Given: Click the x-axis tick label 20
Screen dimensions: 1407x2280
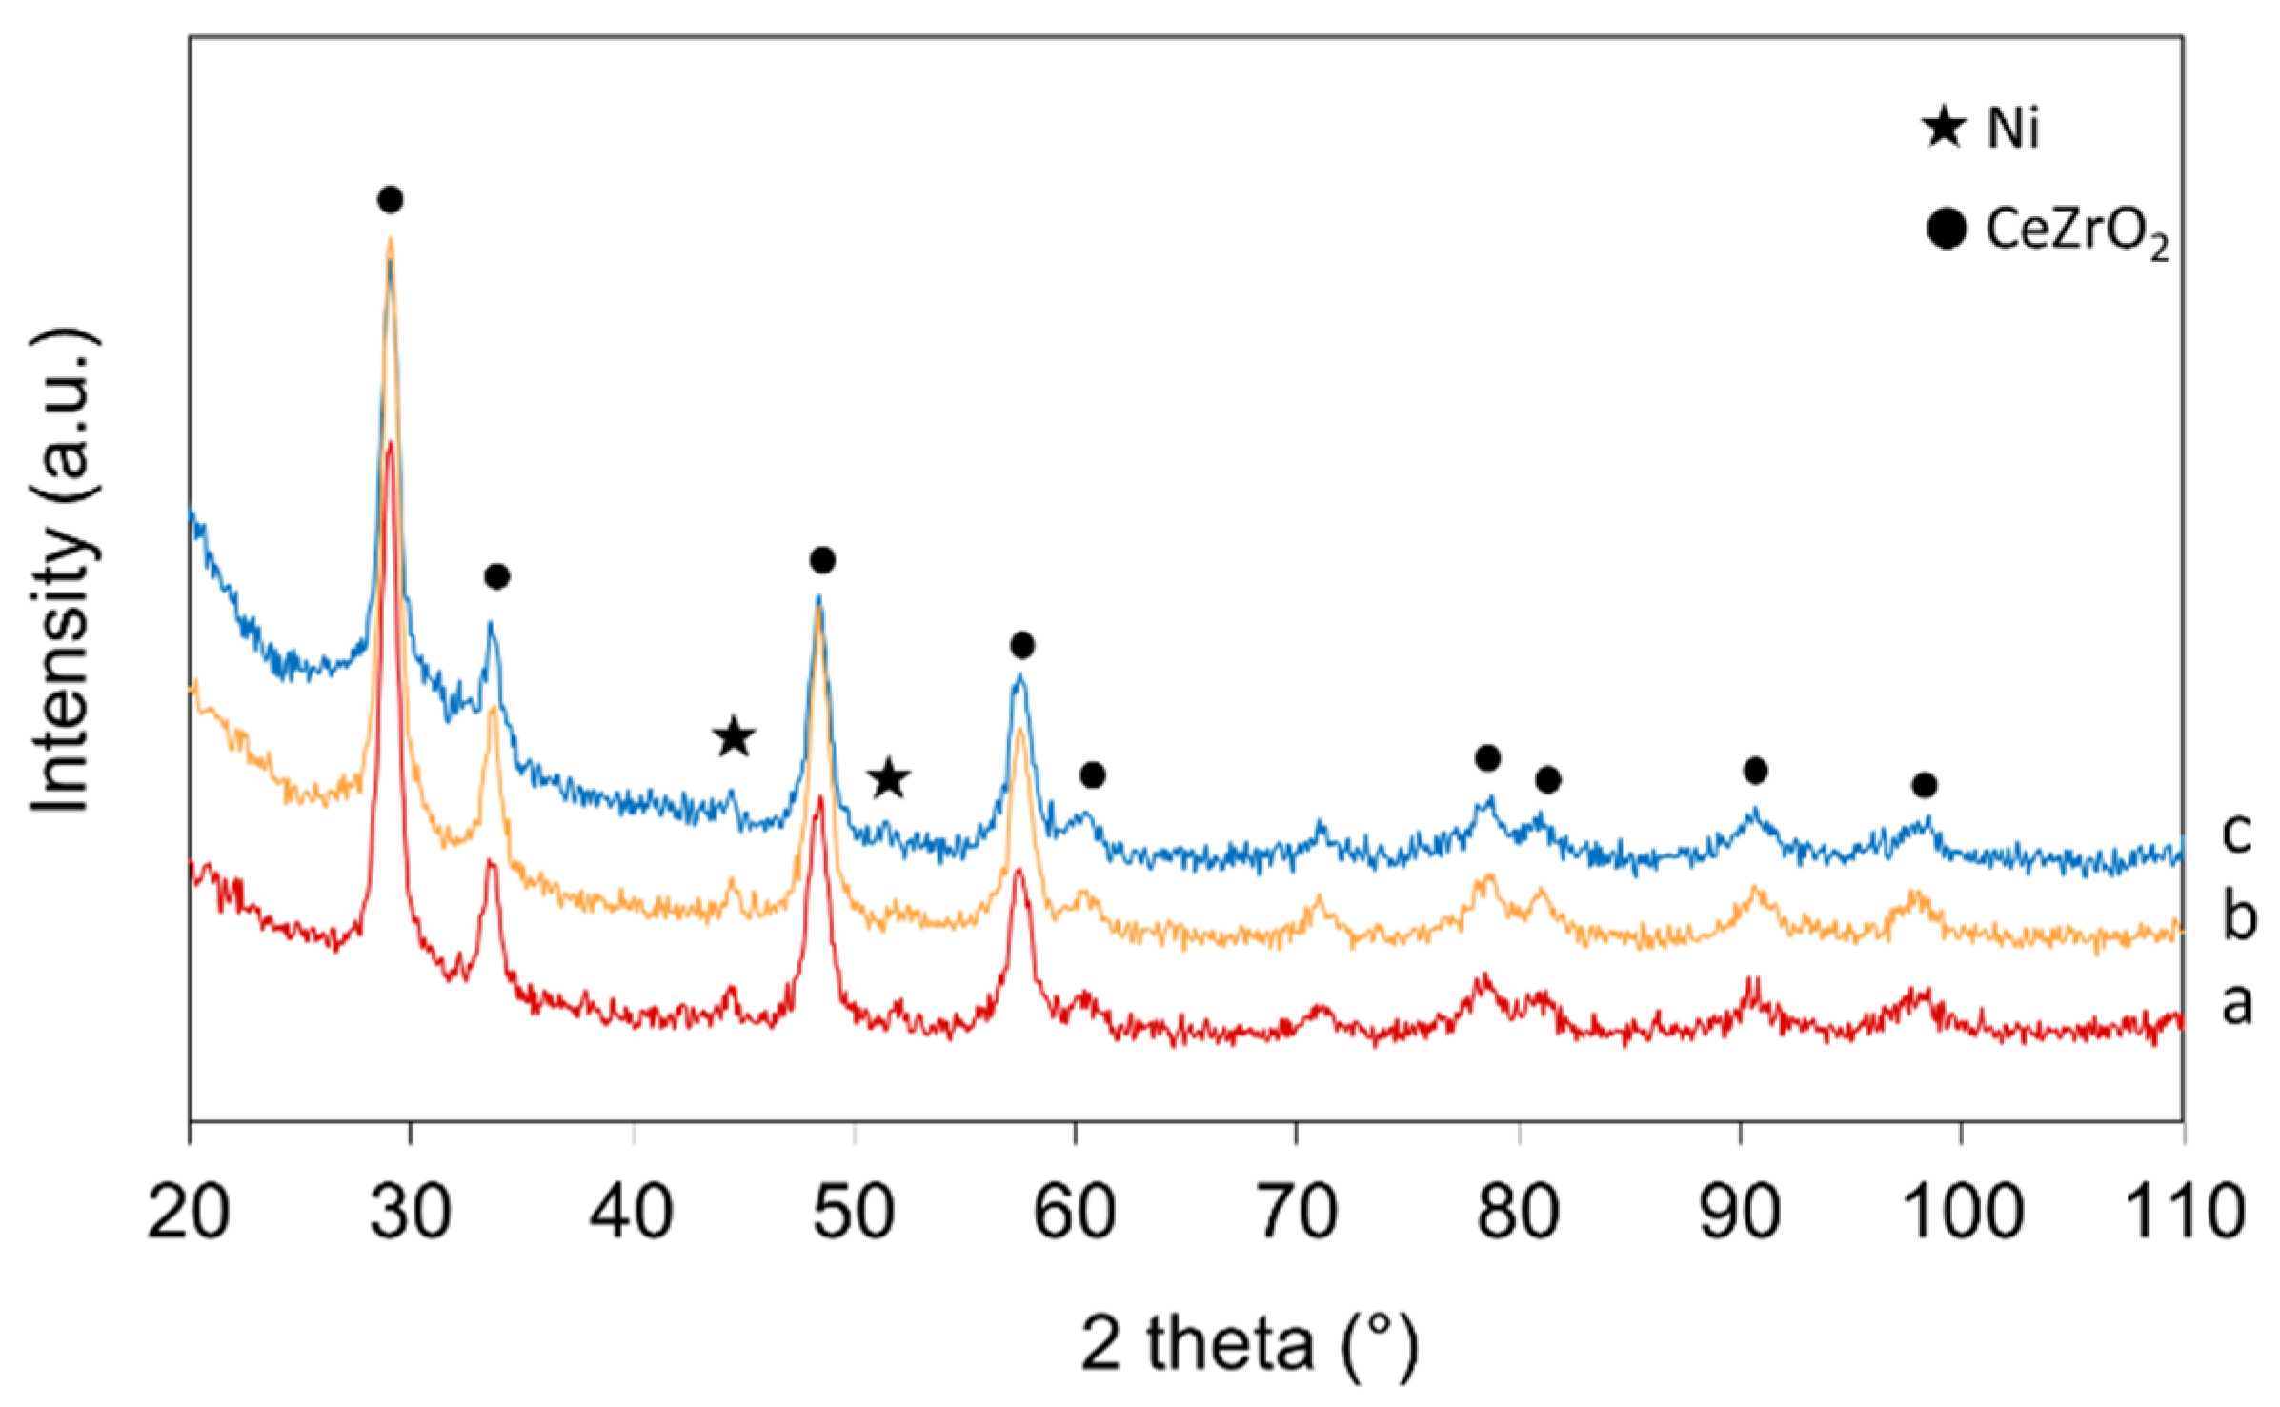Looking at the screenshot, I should [x=189, y=1212].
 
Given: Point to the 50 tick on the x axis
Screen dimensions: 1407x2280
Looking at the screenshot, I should [x=854, y=1212].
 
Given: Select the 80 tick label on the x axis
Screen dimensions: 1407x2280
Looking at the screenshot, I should [x=1519, y=1212].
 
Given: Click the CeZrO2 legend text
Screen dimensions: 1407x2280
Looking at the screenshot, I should [x=2077, y=231].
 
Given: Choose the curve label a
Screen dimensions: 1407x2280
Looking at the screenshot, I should [x=2237, y=1001].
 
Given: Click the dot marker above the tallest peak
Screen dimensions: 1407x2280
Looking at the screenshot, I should [x=390, y=199].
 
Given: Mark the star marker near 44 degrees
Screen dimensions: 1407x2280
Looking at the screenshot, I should [x=734, y=736].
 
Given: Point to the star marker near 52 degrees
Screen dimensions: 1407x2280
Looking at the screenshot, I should [x=889, y=778].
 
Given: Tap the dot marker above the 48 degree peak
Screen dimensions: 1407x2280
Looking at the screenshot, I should [x=823, y=560].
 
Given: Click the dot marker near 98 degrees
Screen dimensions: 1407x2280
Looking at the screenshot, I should [x=1925, y=785].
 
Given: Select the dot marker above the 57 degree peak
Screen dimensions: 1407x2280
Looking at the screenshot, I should [x=1022, y=646].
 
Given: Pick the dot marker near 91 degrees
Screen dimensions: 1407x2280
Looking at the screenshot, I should [x=1756, y=770].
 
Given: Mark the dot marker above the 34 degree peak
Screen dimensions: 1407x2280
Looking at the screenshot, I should [x=496, y=575].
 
